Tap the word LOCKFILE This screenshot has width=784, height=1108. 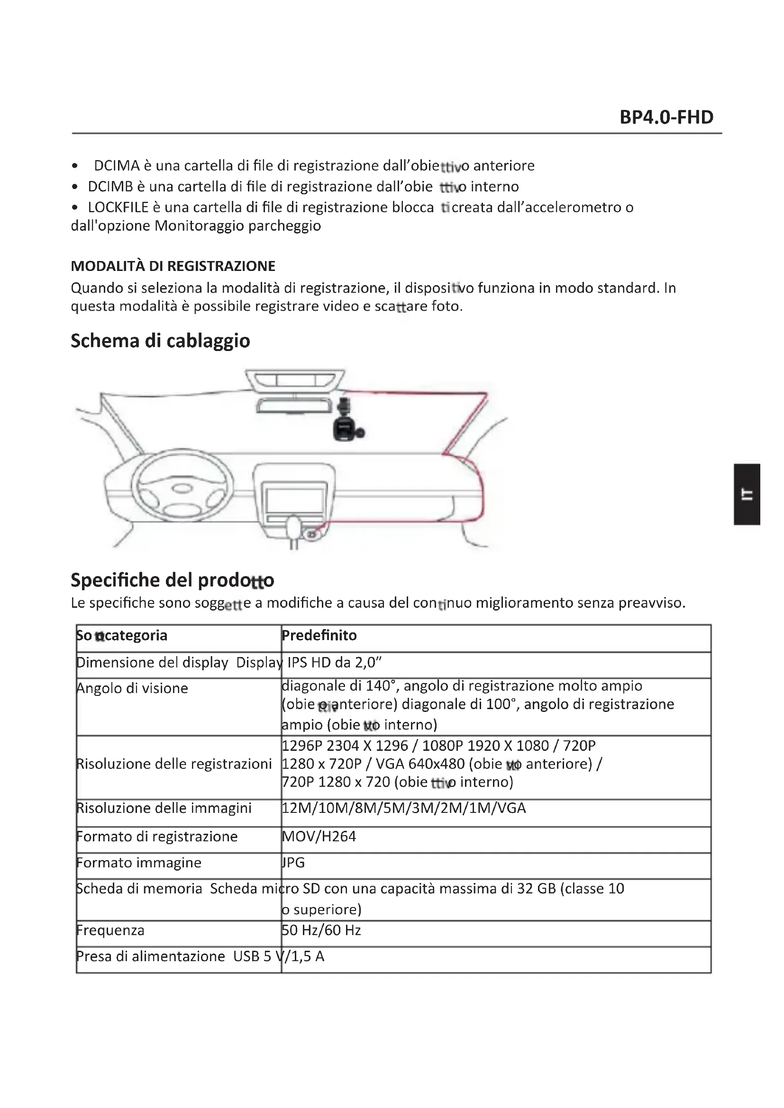(118, 207)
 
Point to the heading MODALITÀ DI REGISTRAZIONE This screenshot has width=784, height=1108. (173, 266)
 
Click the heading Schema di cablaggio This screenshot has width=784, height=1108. (160, 341)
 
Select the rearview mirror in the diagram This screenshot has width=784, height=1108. (292, 405)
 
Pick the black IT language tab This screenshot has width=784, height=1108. (748, 494)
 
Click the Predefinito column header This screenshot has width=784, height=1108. (319, 636)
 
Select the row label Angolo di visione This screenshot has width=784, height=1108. (132, 688)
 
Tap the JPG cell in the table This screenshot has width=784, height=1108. (293, 862)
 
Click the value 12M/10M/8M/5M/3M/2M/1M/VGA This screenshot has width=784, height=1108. (403, 808)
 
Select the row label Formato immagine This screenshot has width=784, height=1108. (139, 862)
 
